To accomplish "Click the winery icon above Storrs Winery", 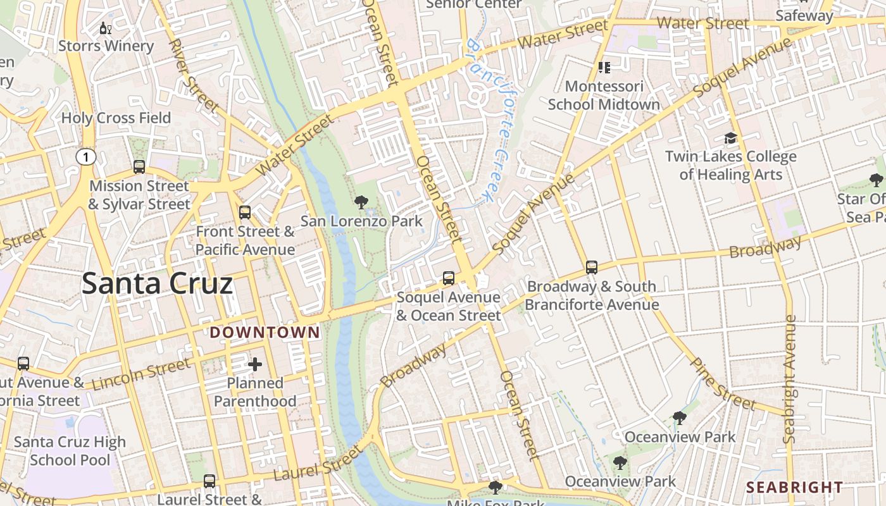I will click(x=106, y=28).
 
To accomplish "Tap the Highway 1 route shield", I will click(x=86, y=157).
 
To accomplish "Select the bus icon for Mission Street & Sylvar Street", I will click(x=139, y=167).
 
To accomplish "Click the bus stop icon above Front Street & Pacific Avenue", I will click(x=245, y=213).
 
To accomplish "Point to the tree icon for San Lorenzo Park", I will click(x=361, y=202).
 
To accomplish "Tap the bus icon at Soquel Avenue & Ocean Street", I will click(x=448, y=278).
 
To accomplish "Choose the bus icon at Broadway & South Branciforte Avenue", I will click(x=592, y=268).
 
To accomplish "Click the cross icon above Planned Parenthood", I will click(x=255, y=364).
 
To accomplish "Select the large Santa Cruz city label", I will click(x=157, y=284).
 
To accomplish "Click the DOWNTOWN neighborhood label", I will click(x=265, y=332).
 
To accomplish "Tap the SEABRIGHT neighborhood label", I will click(x=794, y=487).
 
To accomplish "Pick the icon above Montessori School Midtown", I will click(x=604, y=67).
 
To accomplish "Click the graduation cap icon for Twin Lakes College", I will click(x=731, y=138).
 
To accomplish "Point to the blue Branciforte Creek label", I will click(x=492, y=120).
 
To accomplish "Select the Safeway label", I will click(x=804, y=16).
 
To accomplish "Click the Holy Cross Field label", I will click(x=116, y=118).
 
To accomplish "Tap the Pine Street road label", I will click(x=722, y=384).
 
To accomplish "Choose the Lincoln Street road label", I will click(x=140, y=374).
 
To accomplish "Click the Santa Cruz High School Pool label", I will click(x=70, y=450).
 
